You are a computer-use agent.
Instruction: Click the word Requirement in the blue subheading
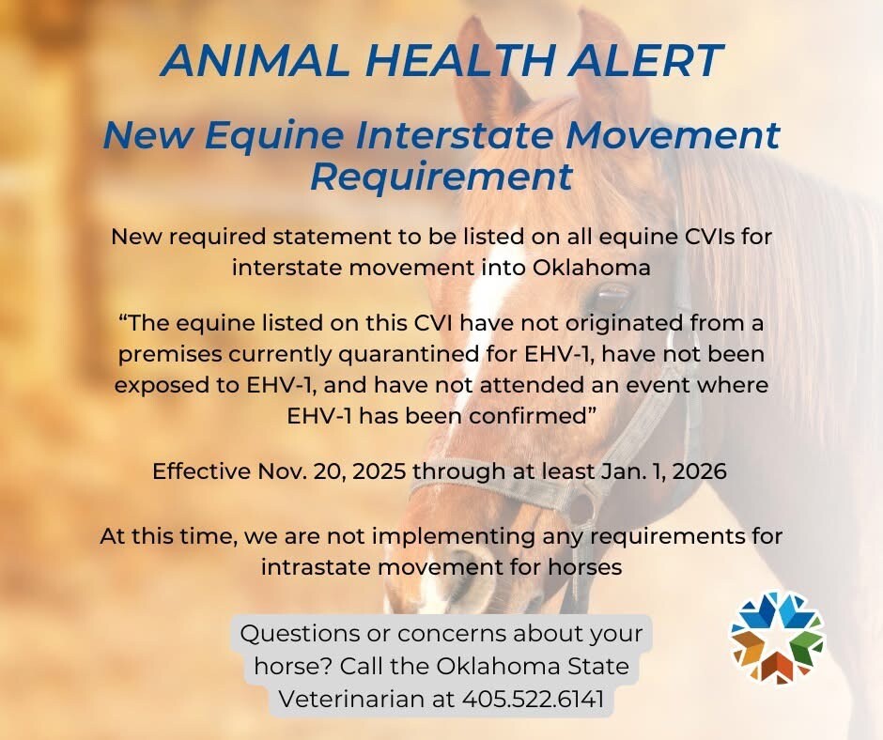[441, 176]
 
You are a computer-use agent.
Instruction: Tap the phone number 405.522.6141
[533, 699]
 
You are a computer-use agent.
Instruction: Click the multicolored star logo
[777, 638]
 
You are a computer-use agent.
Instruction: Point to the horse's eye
[614, 298]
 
